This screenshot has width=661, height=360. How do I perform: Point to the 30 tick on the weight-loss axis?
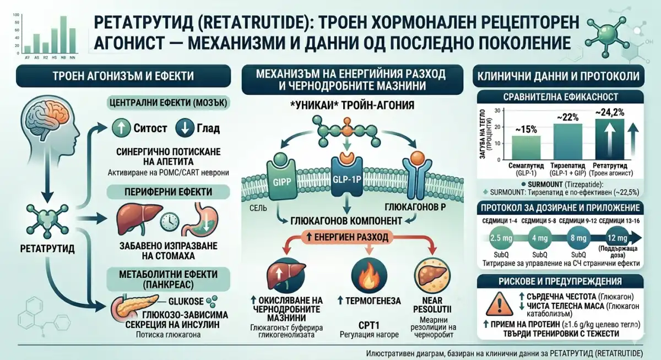click(497, 111)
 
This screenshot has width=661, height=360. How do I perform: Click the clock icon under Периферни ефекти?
click(170, 221)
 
